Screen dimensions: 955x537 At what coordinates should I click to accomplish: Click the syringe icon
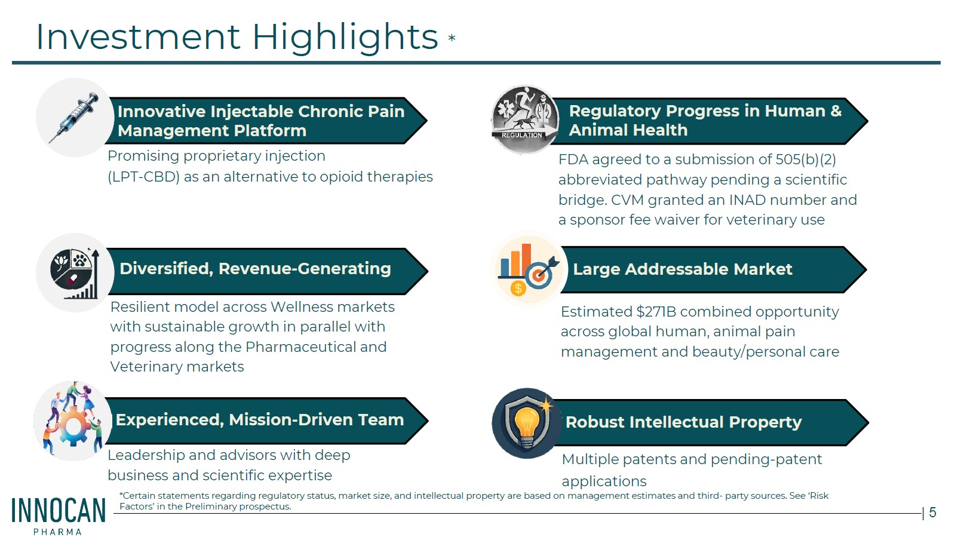74,117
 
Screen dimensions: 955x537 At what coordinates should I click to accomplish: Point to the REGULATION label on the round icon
522,135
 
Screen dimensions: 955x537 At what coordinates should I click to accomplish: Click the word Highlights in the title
345,38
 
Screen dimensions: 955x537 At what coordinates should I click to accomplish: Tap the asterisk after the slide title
452,38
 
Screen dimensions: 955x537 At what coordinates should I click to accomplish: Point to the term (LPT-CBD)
144,177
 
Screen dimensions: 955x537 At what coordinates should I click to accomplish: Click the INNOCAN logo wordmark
59,511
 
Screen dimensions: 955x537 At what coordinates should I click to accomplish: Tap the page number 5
932,513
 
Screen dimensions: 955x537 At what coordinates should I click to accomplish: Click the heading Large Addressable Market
683,269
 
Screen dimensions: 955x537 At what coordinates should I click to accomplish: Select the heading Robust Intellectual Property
684,422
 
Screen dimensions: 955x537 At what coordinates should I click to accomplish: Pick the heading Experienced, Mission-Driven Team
260,420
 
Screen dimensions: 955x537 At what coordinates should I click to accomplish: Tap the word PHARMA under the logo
57,532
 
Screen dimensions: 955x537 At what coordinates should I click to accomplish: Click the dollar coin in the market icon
518,289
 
